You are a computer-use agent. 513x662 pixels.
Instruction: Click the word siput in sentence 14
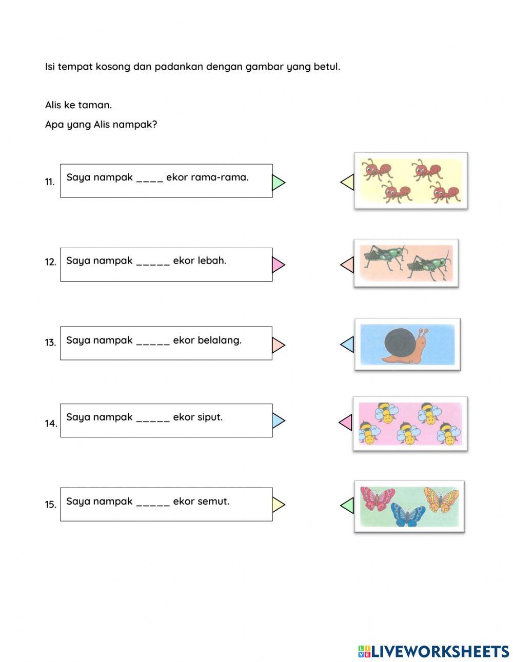209,417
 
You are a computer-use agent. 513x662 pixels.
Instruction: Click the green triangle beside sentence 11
278,182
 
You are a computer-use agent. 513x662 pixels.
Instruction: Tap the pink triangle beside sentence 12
278,265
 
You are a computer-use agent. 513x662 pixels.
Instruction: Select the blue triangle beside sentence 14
278,420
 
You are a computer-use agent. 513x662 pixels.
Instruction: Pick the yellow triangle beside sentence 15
278,505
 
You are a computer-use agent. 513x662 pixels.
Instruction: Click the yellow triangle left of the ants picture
348,182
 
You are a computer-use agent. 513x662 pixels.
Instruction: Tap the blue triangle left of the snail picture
348,345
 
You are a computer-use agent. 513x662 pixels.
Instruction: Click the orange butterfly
441,499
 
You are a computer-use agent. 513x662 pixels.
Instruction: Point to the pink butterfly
377,498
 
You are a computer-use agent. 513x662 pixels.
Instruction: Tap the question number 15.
50,505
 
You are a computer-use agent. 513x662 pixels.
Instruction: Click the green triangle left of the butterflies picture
348,505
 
